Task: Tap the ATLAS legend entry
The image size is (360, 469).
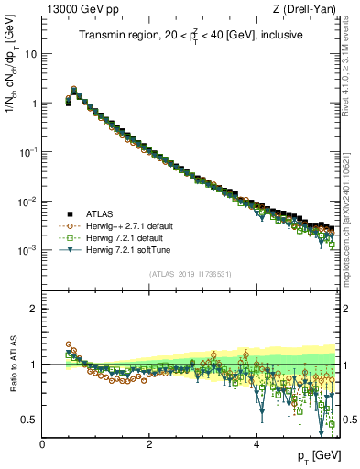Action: point(102,214)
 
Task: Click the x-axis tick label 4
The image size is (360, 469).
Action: point(256,444)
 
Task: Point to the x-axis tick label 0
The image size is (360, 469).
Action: point(42,444)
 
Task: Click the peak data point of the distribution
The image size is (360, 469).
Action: point(73,90)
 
